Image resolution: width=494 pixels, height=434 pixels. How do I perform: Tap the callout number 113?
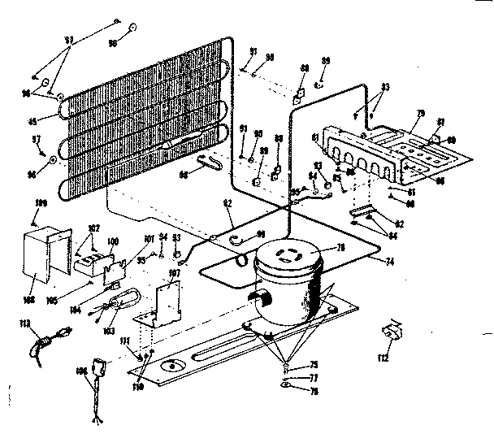tap(24, 324)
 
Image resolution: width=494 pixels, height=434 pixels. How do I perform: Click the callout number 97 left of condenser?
tap(36, 140)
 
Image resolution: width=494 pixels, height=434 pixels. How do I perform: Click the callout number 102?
tap(93, 228)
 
